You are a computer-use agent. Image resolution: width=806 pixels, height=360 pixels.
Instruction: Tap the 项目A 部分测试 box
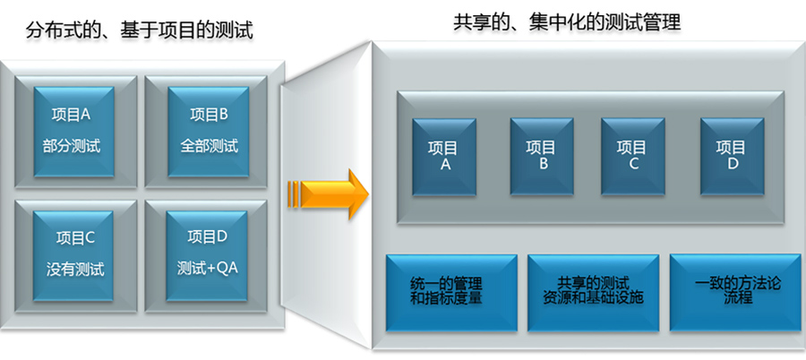[73, 131]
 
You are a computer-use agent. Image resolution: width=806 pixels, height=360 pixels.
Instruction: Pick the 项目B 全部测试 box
[209, 131]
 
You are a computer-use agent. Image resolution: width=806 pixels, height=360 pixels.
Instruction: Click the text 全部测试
[209, 146]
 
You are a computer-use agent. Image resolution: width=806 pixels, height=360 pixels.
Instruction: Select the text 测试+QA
[209, 268]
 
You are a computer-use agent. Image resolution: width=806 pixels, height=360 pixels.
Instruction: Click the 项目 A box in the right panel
[443, 156]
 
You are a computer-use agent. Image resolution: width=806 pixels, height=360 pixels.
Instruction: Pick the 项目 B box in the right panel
[541, 156]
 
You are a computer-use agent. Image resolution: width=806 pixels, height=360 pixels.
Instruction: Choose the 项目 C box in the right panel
[633, 156]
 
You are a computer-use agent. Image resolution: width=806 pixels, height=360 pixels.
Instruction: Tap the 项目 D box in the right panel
[732, 156]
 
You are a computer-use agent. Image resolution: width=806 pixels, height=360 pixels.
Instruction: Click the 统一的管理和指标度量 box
[451, 291]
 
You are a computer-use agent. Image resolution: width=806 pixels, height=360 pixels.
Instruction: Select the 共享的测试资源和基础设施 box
[593, 291]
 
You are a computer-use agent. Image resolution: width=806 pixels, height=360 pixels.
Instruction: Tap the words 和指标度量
[451, 299]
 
